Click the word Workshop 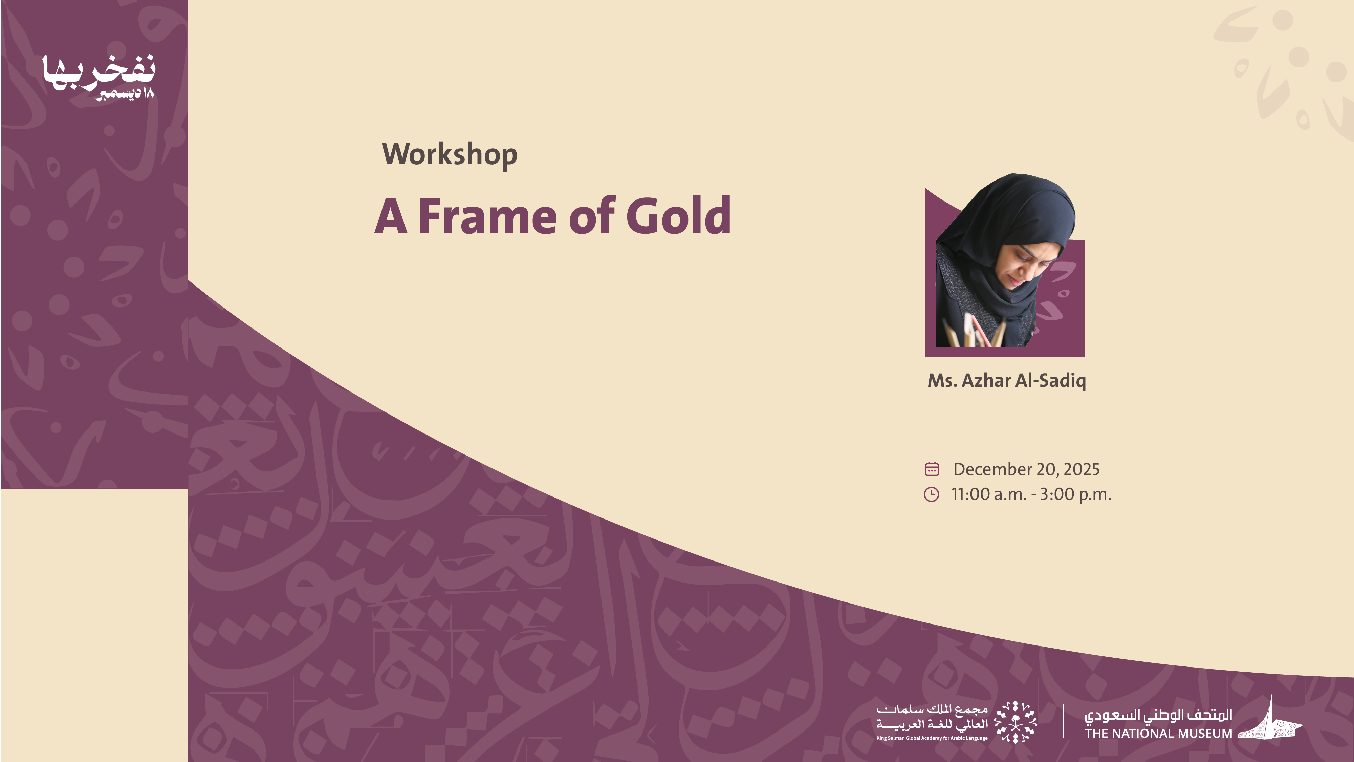point(450,155)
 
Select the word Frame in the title point(487,216)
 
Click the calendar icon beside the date point(932,469)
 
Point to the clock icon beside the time point(932,494)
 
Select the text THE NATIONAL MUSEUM point(1158,733)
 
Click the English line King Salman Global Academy point(932,738)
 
